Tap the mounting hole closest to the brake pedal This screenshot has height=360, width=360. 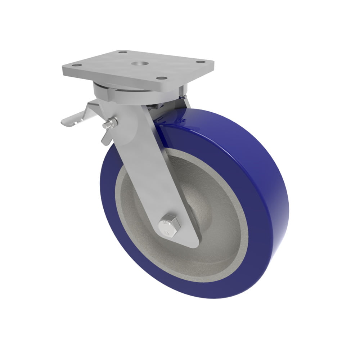tap(76, 66)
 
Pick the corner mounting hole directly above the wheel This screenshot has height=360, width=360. tap(163, 78)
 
